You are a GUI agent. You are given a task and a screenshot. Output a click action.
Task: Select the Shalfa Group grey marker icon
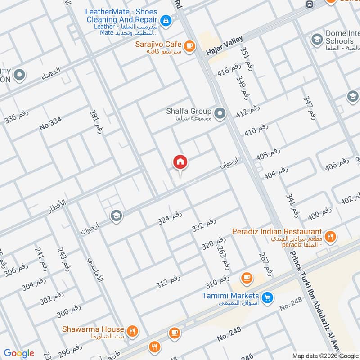(x=220, y=114)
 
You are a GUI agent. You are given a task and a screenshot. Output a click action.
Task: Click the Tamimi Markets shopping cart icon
(x=267, y=298)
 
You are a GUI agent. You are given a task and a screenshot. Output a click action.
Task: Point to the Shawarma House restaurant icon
(x=132, y=332)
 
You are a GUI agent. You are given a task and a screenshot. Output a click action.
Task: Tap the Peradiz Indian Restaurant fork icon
(x=330, y=235)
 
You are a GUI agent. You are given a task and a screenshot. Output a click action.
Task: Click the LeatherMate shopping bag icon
(x=166, y=20)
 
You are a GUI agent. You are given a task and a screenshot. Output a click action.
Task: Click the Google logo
(x=19, y=353)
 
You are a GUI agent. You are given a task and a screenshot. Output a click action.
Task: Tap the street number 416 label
(x=229, y=70)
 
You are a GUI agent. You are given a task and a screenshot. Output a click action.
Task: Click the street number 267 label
(x=265, y=264)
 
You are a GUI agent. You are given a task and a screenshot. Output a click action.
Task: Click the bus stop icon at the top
(x=310, y=4)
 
